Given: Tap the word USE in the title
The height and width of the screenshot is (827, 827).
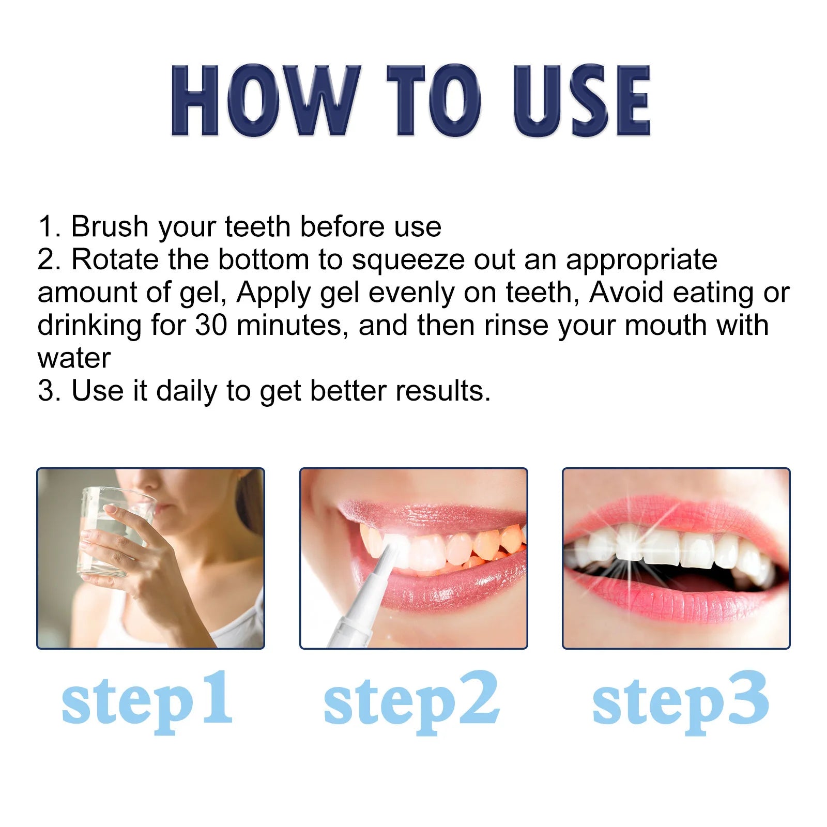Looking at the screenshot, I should coord(582,101).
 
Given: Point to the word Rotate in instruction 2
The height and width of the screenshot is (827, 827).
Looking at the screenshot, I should coord(115,259).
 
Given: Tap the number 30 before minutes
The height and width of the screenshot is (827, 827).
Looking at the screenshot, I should coord(211,326).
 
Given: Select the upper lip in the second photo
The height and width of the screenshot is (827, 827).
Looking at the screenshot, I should coord(429,514).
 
